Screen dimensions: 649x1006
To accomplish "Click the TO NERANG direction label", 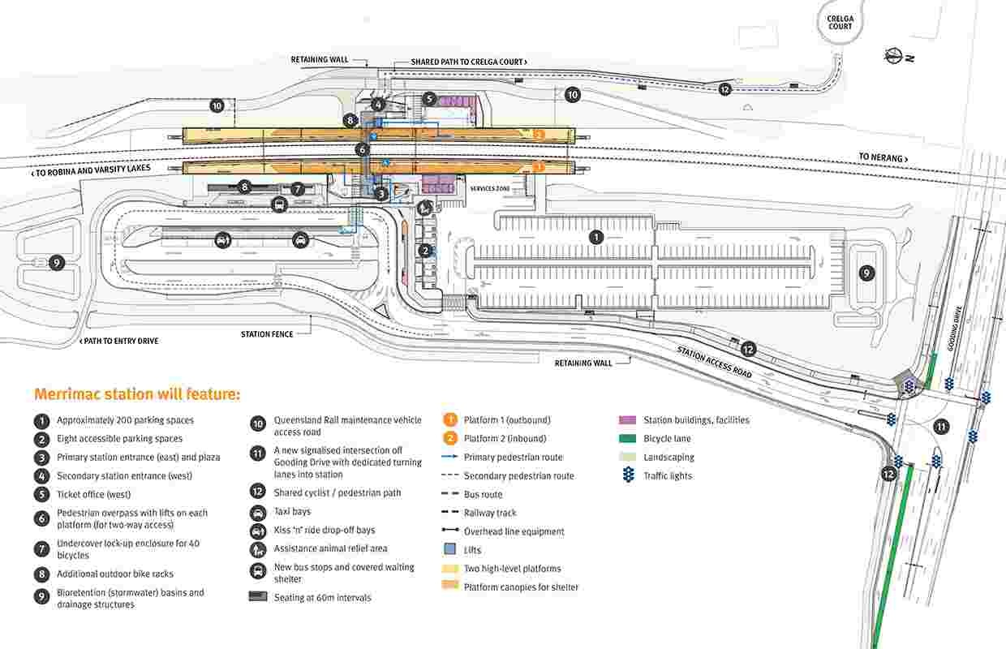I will tap(883, 157).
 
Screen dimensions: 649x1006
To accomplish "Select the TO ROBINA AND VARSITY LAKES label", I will tap(90, 173).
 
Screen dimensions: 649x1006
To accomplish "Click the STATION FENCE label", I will tap(267, 334).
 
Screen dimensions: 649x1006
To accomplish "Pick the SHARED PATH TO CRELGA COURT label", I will tap(469, 62).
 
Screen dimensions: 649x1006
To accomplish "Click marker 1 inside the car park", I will tap(596, 237).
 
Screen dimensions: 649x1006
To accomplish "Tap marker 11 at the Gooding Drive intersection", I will tap(941, 427).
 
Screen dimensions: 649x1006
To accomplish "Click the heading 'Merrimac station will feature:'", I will tap(137, 394).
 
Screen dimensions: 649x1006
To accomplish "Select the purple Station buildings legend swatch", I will tap(627, 420).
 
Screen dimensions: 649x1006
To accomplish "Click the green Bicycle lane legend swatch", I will tap(627, 439).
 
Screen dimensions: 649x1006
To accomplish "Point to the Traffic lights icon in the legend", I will tap(627, 476).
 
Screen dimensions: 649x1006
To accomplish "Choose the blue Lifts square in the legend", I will tap(449, 550).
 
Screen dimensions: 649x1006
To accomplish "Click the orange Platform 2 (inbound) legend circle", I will tap(449, 438).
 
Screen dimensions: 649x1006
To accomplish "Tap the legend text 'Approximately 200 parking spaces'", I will tap(125, 420).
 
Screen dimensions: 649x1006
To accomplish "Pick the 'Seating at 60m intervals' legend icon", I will tap(257, 597).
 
